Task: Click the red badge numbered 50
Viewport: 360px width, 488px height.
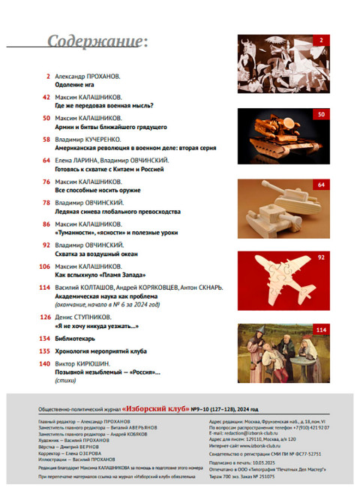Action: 321,115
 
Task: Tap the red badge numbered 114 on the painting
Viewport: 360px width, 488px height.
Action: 321,330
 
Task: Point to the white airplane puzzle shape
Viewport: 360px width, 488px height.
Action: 279,279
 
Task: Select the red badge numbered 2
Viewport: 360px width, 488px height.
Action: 321,41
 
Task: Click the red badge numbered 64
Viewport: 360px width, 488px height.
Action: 321,185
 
